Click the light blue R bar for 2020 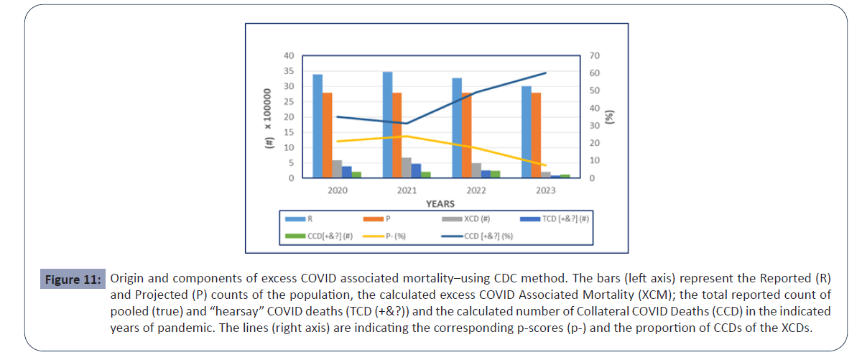tap(318, 126)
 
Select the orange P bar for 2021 tap(397, 135)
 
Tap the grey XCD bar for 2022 tap(457, 170)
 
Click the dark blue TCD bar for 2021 tap(416, 170)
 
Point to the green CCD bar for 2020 tap(356, 175)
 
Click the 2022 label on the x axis tap(476, 190)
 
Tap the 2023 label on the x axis tap(546, 190)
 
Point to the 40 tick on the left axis tap(288, 56)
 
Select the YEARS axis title tap(440, 203)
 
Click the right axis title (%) tap(611, 117)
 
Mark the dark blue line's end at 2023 tap(546, 73)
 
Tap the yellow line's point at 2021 tap(407, 136)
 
